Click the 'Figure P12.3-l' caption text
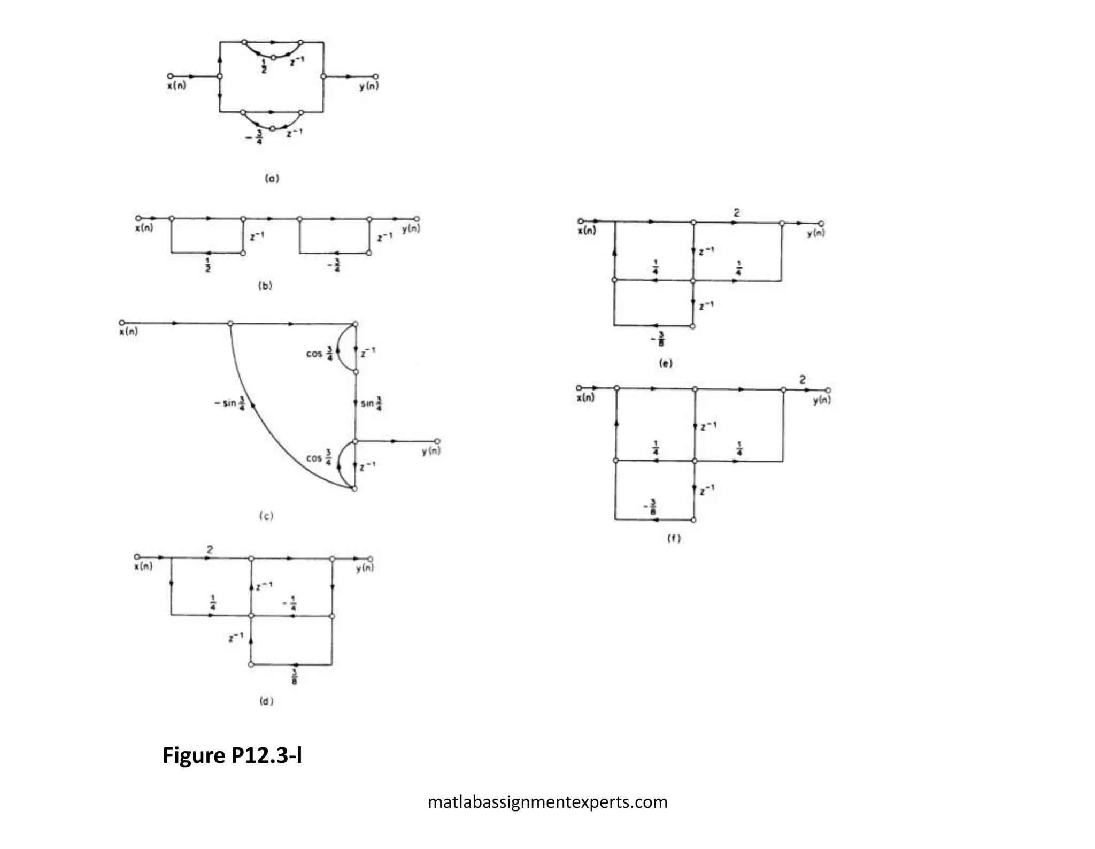[x=232, y=755]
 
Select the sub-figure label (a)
[x=272, y=178]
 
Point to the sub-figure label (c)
[x=266, y=516]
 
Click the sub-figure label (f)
[x=674, y=539]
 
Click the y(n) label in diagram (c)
[x=431, y=452]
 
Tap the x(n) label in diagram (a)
[x=176, y=86]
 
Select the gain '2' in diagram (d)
[x=210, y=549]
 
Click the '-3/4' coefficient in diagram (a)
[x=256, y=138]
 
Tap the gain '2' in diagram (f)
[x=802, y=380]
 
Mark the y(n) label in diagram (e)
[x=816, y=233]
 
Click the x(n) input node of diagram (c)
[x=122, y=323]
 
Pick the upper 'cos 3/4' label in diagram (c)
[x=320, y=354]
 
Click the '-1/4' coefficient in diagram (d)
[x=290, y=604]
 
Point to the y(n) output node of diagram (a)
[x=375, y=77]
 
